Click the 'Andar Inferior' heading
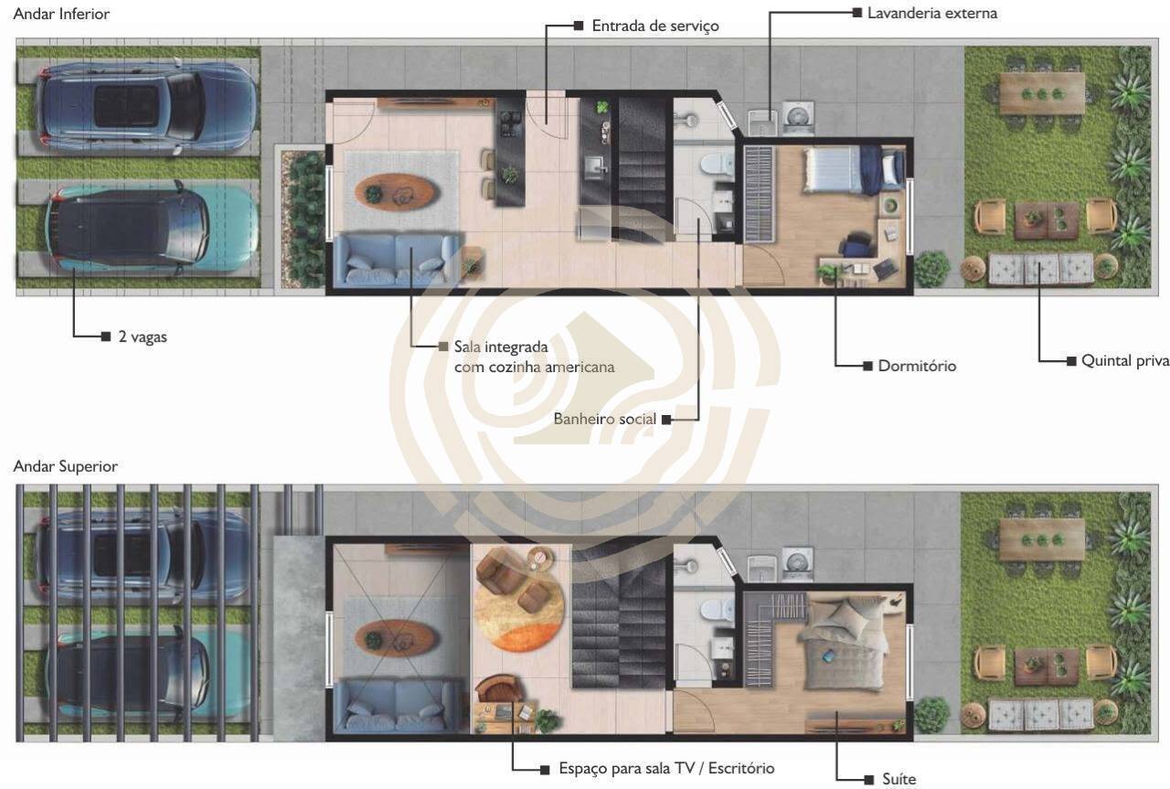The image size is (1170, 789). pyautogui.click(x=61, y=14)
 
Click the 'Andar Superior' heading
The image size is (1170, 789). pyautogui.click(x=65, y=466)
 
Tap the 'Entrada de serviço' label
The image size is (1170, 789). pyautogui.click(x=655, y=27)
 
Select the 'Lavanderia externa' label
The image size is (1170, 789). pyautogui.click(x=931, y=13)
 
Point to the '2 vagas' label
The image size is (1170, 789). pyautogui.click(x=143, y=337)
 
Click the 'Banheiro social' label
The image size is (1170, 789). pyautogui.click(x=604, y=419)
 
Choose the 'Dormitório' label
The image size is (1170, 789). pyautogui.click(x=917, y=366)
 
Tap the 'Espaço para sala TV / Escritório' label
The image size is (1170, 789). pyautogui.click(x=666, y=768)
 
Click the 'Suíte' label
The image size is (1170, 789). pyautogui.click(x=899, y=779)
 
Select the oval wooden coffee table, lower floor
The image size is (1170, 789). pyautogui.click(x=395, y=192)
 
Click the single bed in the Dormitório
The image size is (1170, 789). pyautogui.click(x=855, y=169)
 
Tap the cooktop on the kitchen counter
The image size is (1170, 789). pyautogui.click(x=510, y=123)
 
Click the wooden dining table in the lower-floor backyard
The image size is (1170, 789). pyautogui.click(x=1042, y=93)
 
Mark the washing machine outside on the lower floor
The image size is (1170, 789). pyautogui.click(x=798, y=118)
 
